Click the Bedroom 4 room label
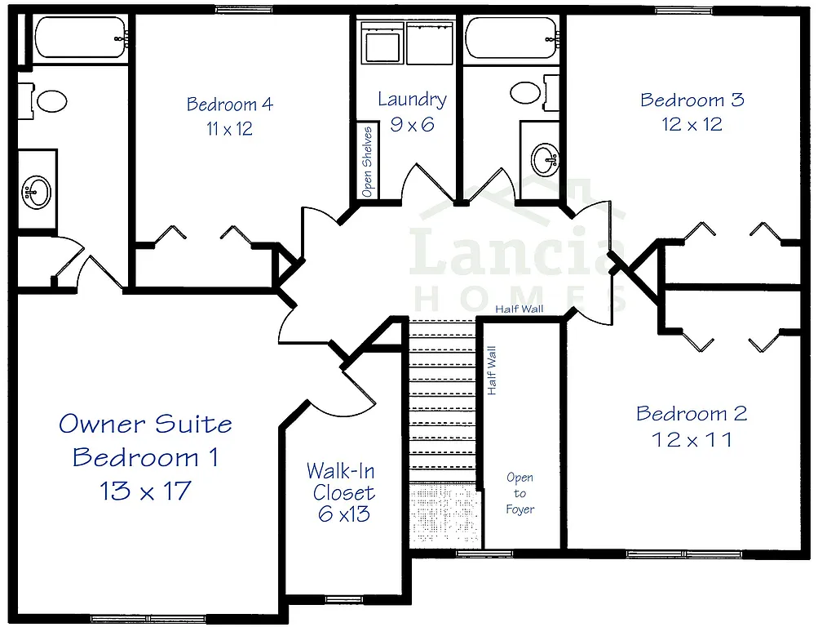point(229,104)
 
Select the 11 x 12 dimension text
point(229,129)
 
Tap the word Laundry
point(412,100)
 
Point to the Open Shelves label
point(368,161)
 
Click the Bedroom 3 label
point(692,100)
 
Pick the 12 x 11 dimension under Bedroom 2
point(692,439)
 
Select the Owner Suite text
point(145,424)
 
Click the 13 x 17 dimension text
point(145,491)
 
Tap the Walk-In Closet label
point(342,482)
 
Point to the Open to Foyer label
point(520,493)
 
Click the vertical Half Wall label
point(492,371)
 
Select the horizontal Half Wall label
point(520,309)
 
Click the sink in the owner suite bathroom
point(36,193)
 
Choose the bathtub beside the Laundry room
point(511,38)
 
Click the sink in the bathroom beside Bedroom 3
point(544,158)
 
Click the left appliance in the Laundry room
point(382,42)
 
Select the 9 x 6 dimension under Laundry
point(412,125)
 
